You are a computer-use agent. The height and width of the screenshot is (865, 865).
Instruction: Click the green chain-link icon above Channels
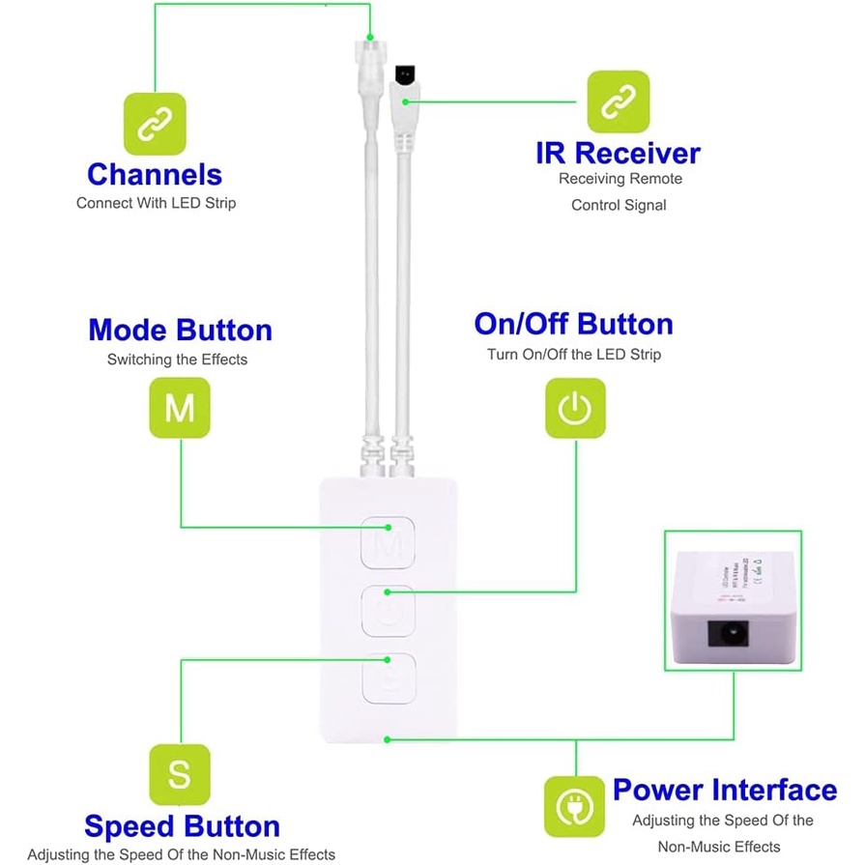[154, 124]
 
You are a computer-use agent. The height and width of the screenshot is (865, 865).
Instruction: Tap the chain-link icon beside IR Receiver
[619, 101]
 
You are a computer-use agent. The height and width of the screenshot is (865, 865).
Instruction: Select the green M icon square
[179, 407]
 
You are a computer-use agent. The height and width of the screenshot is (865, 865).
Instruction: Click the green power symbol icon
[575, 408]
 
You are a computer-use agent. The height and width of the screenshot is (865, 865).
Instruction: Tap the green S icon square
[179, 774]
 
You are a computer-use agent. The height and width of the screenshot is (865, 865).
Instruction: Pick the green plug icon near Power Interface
[575, 806]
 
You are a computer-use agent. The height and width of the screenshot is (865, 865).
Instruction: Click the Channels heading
[155, 174]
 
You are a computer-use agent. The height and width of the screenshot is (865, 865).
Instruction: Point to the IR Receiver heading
[619, 153]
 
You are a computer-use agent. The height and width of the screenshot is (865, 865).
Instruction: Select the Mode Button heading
[180, 330]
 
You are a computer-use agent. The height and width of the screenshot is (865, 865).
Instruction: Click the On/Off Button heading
[573, 324]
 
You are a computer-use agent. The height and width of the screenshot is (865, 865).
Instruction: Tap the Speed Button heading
[182, 826]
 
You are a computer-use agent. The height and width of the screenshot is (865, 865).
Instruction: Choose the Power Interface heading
[724, 790]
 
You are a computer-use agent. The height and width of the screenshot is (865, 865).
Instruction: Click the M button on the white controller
[388, 542]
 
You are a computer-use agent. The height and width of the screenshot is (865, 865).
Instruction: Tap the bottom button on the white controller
[388, 678]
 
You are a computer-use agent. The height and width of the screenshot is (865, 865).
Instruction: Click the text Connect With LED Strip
[156, 203]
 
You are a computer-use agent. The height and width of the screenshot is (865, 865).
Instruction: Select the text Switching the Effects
[177, 360]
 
